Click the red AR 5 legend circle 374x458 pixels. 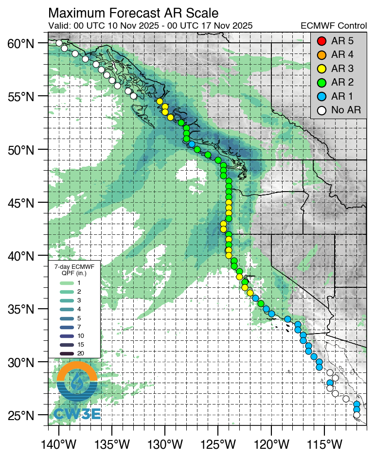(321, 41)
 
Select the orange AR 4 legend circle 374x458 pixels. (321, 54)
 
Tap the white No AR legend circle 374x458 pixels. (321, 110)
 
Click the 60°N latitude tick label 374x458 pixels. (20, 44)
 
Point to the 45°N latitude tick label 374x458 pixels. (20, 203)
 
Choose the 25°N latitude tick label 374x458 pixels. (20, 416)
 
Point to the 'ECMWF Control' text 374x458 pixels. (334, 26)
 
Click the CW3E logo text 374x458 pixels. (77, 414)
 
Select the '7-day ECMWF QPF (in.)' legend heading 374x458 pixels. (74, 270)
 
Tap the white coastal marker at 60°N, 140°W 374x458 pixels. (59, 43)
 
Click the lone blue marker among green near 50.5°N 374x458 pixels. (192, 144)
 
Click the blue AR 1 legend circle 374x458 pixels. (321, 96)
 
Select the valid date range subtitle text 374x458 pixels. (150, 26)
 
